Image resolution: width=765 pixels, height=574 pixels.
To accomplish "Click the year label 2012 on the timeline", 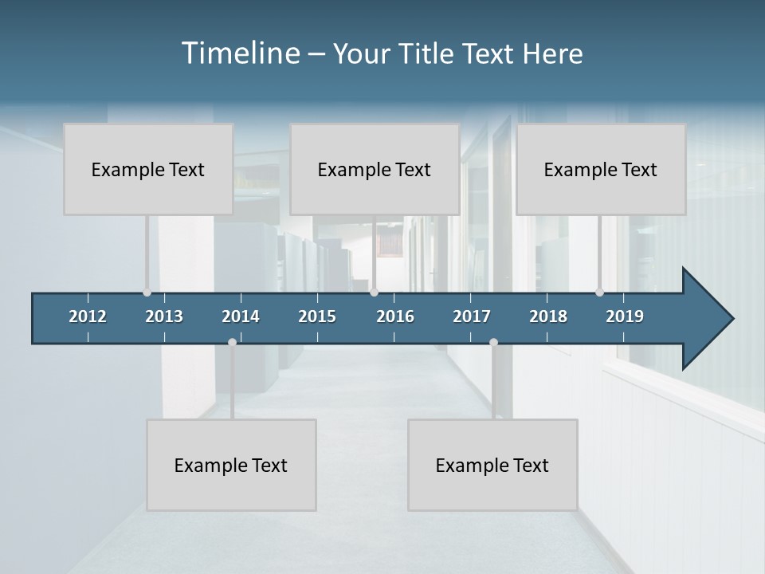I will [x=88, y=316].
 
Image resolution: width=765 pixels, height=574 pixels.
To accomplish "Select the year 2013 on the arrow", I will [x=164, y=316].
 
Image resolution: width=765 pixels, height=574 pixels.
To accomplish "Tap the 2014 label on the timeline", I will [x=241, y=316].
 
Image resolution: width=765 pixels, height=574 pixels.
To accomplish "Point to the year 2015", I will [x=317, y=316].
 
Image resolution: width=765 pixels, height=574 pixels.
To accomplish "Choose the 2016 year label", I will [x=395, y=316].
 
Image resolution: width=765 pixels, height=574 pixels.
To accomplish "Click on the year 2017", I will [x=472, y=316].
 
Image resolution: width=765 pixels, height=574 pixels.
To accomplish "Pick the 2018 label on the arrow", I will [x=548, y=316].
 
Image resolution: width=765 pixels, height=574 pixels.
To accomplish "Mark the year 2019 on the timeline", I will [x=625, y=316].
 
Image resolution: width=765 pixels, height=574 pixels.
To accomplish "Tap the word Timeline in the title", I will [x=241, y=53].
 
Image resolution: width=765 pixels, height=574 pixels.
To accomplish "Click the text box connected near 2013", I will [x=148, y=169].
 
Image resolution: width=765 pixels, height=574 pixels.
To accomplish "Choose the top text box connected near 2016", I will [x=375, y=169].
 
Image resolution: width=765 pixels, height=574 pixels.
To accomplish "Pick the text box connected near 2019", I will [x=601, y=169].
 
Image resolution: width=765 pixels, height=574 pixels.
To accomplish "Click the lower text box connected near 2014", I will [x=231, y=465].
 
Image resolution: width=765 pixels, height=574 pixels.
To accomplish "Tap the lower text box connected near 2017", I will [x=492, y=465].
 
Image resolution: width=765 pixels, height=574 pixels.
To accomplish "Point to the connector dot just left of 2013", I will [x=147, y=293].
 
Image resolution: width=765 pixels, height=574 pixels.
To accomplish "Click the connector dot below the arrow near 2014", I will [x=232, y=342].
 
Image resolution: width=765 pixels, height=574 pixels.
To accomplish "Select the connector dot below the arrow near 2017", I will [x=493, y=342].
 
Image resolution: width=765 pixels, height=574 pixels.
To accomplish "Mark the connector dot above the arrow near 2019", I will [x=599, y=293].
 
